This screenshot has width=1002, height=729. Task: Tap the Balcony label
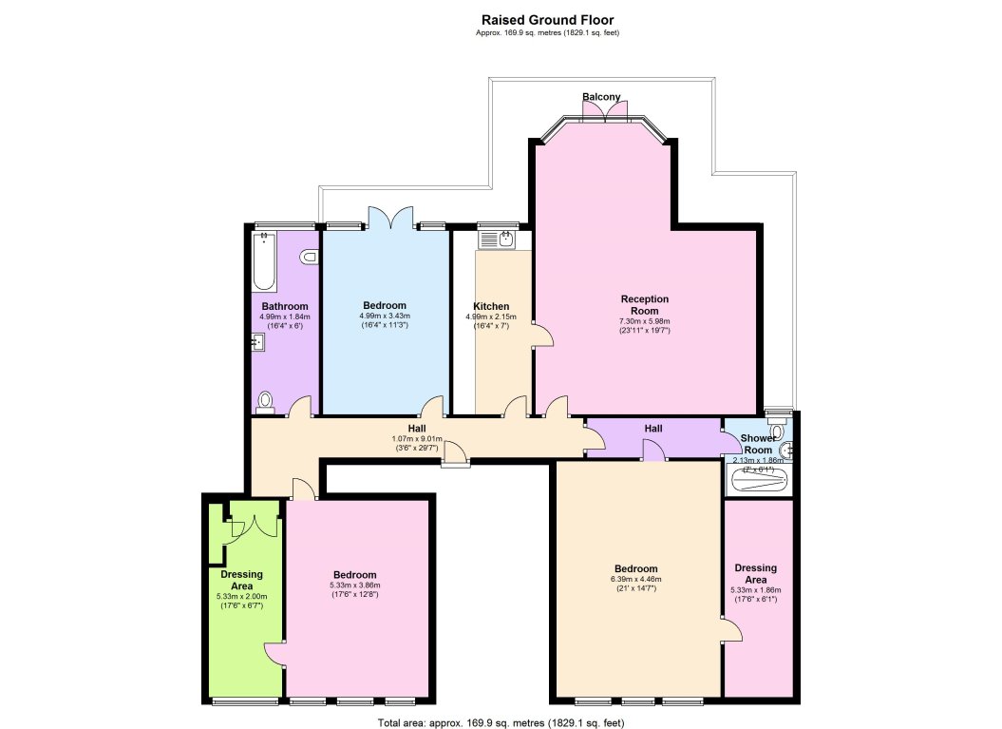coord(601,97)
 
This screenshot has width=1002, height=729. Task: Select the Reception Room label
coord(645,305)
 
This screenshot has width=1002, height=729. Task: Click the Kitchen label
coord(491,306)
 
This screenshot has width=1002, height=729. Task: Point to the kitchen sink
coord(504,239)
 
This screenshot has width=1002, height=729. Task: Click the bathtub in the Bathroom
coord(264,263)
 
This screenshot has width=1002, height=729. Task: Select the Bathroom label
coord(285,306)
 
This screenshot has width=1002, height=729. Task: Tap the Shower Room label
coord(758,444)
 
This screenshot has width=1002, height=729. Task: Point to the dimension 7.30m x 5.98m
coord(645,321)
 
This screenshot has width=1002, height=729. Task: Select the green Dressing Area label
coord(241,580)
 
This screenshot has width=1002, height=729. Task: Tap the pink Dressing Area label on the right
coord(756,574)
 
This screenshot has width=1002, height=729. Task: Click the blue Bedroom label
coord(384,305)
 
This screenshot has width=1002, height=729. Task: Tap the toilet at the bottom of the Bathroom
coord(265,403)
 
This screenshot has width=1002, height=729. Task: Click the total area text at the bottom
coord(501,722)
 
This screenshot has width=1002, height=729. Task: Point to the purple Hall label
coord(653,430)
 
